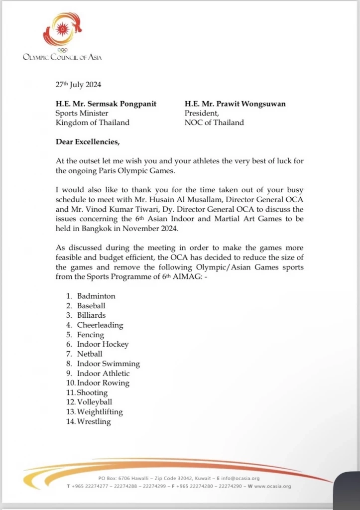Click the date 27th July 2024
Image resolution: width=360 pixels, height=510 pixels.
click(79, 85)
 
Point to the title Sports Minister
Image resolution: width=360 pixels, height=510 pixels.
click(80, 113)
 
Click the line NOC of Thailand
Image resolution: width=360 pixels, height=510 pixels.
click(214, 123)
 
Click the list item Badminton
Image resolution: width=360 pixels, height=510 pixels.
click(96, 296)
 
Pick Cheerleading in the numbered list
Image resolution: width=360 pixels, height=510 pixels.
click(100, 325)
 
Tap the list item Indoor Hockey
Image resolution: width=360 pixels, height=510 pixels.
click(103, 344)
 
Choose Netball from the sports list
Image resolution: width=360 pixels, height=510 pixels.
click(90, 354)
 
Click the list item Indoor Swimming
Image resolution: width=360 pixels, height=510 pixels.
click(108, 364)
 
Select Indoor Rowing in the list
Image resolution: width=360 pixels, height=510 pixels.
click(103, 383)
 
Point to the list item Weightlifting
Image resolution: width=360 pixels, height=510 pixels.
click(100, 412)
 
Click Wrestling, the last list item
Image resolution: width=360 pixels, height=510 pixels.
click(94, 422)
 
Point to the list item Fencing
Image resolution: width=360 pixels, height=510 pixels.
click(90, 335)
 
